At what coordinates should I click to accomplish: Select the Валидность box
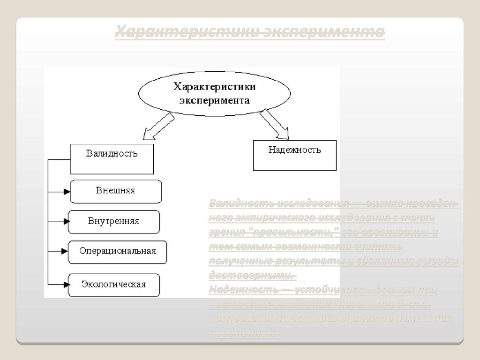coord(112,158)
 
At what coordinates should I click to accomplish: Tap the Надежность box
coord(294,155)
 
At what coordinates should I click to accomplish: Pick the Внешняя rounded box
coord(116,191)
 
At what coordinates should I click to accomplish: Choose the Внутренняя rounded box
coord(114,222)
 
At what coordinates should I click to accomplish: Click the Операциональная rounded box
coord(118,252)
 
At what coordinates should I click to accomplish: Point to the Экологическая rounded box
coord(114,285)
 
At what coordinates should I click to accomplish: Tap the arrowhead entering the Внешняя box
coord(66,191)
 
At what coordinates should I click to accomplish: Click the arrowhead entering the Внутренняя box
coord(65,221)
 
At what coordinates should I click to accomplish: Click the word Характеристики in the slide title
coord(186,32)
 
